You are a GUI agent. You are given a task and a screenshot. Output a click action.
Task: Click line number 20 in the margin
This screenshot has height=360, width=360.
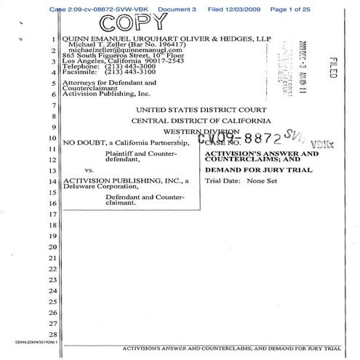(52, 247)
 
